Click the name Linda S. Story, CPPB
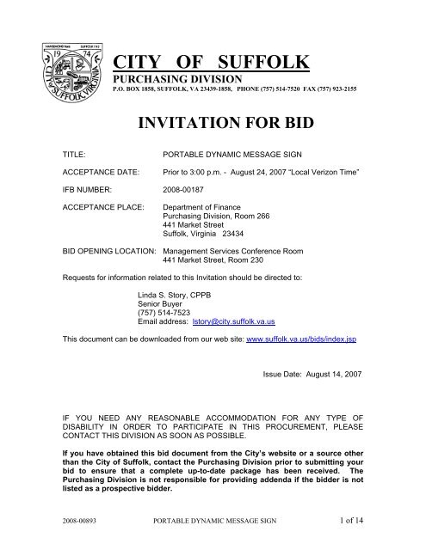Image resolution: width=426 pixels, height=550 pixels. coord(174,294)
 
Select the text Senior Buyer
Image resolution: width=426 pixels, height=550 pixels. coord(160,303)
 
